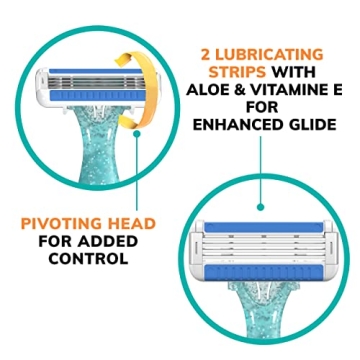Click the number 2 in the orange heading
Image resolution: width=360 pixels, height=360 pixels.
(205, 54)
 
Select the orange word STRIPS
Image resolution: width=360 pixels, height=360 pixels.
(237, 72)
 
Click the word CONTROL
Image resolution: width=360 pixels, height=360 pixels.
(88, 259)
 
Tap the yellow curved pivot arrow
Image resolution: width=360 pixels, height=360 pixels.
(147, 89)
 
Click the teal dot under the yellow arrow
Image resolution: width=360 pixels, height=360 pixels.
(136, 133)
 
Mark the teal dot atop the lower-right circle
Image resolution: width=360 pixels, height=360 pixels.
(261, 207)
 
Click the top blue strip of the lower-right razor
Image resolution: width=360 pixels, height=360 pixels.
(263, 227)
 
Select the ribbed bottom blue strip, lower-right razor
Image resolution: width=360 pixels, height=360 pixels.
(263, 272)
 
